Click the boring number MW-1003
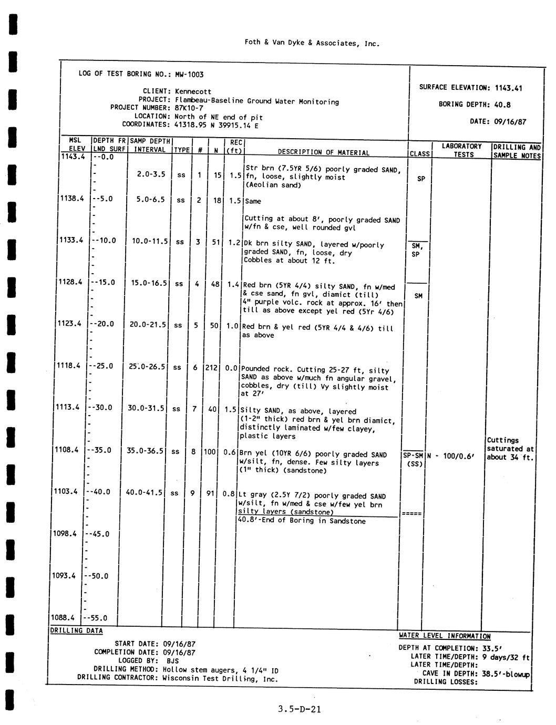pyautogui.click(x=189, y=74)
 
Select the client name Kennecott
pyautogui.click(x=193, y=91)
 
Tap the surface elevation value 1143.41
pyautogui.click(x=508, y=88)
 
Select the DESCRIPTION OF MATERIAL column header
pyautogui.click(x=323, y=152)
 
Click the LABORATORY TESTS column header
pyautogui.click(x=461, y=150)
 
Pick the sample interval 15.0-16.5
pyautogui.click(x=149, y=283)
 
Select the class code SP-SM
pyautogui.click(x=413, y=455)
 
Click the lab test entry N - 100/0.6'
pyautogui.click(x=451, y=456)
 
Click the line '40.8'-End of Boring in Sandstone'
pyautogui.click(x=302, y=521)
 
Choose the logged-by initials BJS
pyautogui.click(x=172, y=661)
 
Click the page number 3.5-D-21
pyautogui.click(x=300, y=709)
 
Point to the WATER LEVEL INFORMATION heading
pyautogui.click(x=445, y=636)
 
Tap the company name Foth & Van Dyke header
pyautogui.click(x=312, y=44)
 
